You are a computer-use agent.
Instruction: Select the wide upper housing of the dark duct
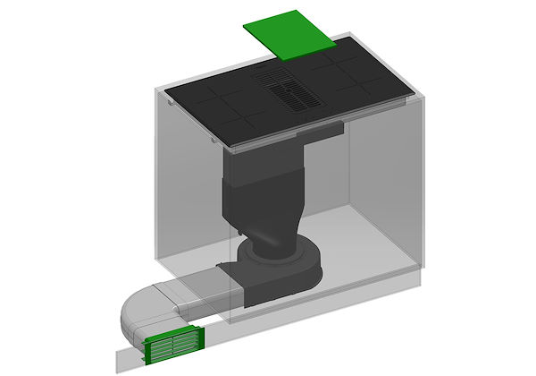264,170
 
